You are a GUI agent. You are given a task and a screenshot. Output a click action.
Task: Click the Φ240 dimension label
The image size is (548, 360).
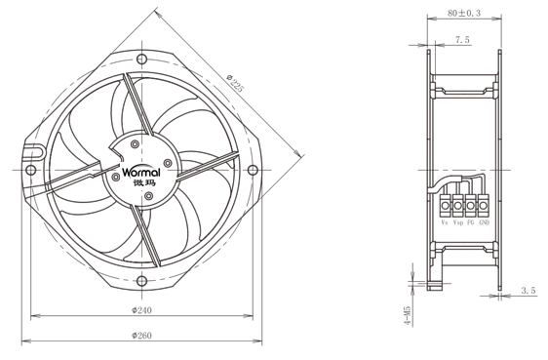[x=142, y=310]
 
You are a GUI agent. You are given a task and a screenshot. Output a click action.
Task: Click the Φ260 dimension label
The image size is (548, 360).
[x=142, y=336]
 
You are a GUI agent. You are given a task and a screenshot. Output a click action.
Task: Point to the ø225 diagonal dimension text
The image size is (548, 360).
[x=234, y=83]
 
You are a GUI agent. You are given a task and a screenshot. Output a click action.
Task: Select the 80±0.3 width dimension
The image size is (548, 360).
[x=464, y=13]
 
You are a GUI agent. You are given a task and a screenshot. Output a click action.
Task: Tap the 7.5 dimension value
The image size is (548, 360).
[x=462, y=40]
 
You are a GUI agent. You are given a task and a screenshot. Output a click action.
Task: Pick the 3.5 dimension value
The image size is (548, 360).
[x=528, y=291]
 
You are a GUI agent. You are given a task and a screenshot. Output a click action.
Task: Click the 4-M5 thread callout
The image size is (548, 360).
[x=408, y=316]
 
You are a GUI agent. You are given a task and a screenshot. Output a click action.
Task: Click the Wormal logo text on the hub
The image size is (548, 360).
[x=141, y=172]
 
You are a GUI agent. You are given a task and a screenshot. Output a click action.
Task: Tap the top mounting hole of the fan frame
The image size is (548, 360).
[x=141, y=59]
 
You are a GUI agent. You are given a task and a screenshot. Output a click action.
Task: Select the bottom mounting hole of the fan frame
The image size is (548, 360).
[x=141, y=281]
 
